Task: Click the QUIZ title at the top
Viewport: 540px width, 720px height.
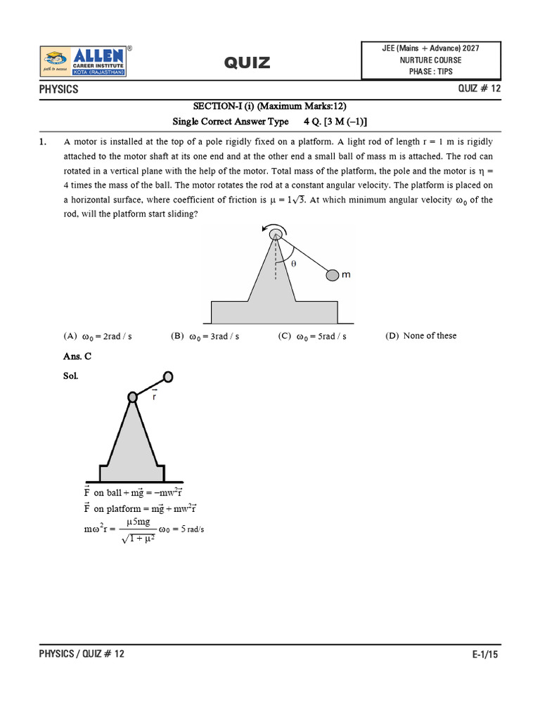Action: [x=247, y=63]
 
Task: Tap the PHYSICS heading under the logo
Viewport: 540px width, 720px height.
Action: [x=58, y=90]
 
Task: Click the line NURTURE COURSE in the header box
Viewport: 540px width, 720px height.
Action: [x=432, y=60]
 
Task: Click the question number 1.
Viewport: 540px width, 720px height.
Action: [x=43, y=142]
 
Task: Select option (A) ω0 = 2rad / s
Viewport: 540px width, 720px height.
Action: [x=98, y=336]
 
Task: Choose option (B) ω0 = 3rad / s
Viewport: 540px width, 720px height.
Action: [x=205, y=336]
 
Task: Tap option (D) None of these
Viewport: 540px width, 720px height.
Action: [x=420, y=335]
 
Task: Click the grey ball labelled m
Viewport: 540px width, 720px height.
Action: [x=333, y=276]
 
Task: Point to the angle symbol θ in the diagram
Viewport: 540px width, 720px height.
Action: [x=294, y=263]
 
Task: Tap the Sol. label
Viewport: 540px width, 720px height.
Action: [x=71, y=376]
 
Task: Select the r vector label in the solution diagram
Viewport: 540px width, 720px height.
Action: [x=154, y=397]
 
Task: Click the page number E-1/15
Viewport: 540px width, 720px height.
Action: [x=486, y=654]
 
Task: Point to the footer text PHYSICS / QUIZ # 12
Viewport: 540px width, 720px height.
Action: [x=82, y=654]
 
